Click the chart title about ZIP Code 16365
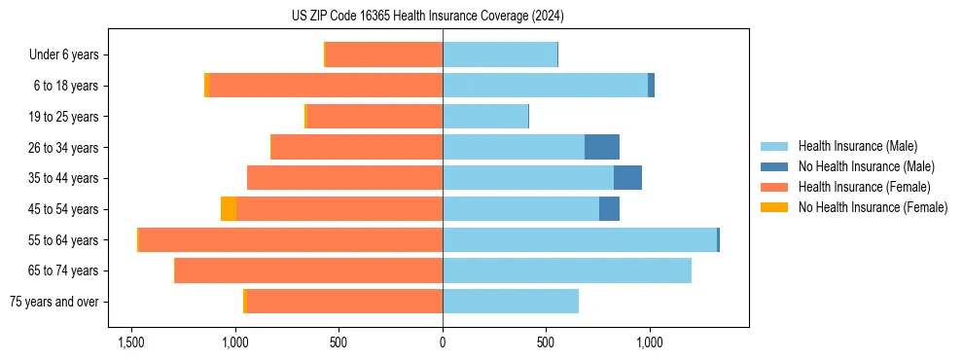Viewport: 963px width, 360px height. [442, 16]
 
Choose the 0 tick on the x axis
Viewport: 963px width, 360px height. [443, 342]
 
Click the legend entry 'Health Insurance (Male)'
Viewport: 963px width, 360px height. [857, 146]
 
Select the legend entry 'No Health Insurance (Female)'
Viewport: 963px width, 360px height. [873, 207]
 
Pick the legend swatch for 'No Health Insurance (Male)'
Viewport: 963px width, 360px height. [774, 166]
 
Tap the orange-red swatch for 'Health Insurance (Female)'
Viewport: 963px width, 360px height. [774, 187]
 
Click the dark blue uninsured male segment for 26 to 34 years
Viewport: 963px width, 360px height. [602, 147]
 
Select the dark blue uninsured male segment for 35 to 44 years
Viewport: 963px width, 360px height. [627, 178]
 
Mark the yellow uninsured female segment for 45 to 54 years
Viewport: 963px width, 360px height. [229, 209]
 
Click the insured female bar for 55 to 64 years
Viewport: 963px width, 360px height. [291, 239]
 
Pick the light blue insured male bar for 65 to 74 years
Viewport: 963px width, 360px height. [567, 270]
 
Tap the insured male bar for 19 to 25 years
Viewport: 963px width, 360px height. [485, 117]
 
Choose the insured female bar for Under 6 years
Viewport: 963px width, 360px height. [384, 55]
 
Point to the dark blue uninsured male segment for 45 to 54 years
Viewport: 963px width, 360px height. [609, 209]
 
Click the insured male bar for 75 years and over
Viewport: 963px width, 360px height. [511, 302]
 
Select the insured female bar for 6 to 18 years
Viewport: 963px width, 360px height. [326, 86]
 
